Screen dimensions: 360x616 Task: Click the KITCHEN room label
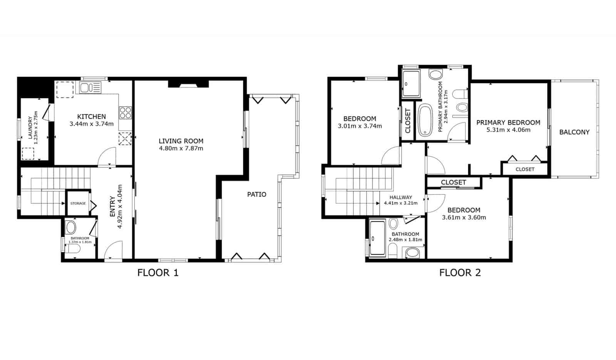pyautogui.click(x=92, y=117)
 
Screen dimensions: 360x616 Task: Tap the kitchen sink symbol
pyautogui.click(x=90, y=88)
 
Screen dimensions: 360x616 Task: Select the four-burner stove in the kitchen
pyautogui.click(x=125, y=112)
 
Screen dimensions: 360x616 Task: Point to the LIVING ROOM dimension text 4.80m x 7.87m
pyautogui.click(x=181, y=148)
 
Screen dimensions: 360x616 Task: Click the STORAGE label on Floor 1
pyautogui.click(x=78, y=203)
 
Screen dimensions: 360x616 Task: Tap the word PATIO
pyautogui.click(x=256, y=194)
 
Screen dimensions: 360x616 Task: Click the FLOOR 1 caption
pyautogui.click(x=158, y=273)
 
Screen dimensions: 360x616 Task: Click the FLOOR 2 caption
pyautogui.click(x=460, y=273)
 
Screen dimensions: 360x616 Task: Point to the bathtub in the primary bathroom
pyautogui.click(x=425, y=120)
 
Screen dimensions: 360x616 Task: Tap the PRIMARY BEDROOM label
pyautogui.click(x=508, y=122)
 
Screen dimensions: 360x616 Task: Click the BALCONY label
pyautogui.click(x=574, y=132)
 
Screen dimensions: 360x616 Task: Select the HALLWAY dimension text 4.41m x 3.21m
pyautogui.click(x=400, y=203)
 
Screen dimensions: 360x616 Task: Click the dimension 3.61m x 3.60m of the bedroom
pyautogui.click(x=464, y=218)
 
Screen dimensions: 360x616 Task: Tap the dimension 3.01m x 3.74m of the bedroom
pyautogui.click(x=360, y=126)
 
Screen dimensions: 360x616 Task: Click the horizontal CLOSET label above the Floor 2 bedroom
pyautogui.click(x=454, y=182)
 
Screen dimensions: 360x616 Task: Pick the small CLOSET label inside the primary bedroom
pyautogui.click(x=525, y=169)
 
